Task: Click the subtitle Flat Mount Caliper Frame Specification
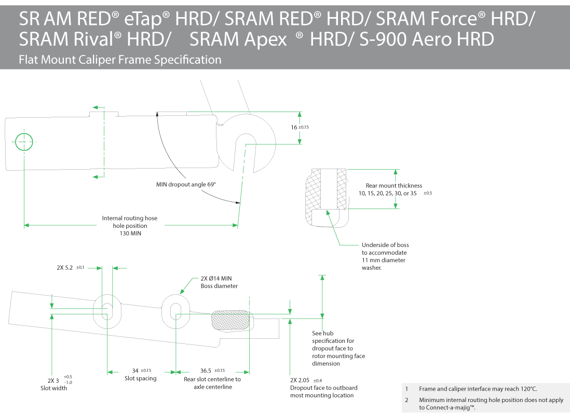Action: [120, 60]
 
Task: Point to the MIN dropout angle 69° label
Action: [186, 185]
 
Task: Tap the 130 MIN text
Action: [129, 233]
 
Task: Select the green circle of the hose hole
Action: [24, 141]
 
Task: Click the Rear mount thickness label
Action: [393, 186]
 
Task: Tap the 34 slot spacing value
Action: [135, 370]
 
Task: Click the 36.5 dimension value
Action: [206, 370]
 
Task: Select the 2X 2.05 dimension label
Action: [300, 380]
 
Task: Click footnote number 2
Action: [407, 400]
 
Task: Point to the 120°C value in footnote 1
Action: [526, 389]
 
